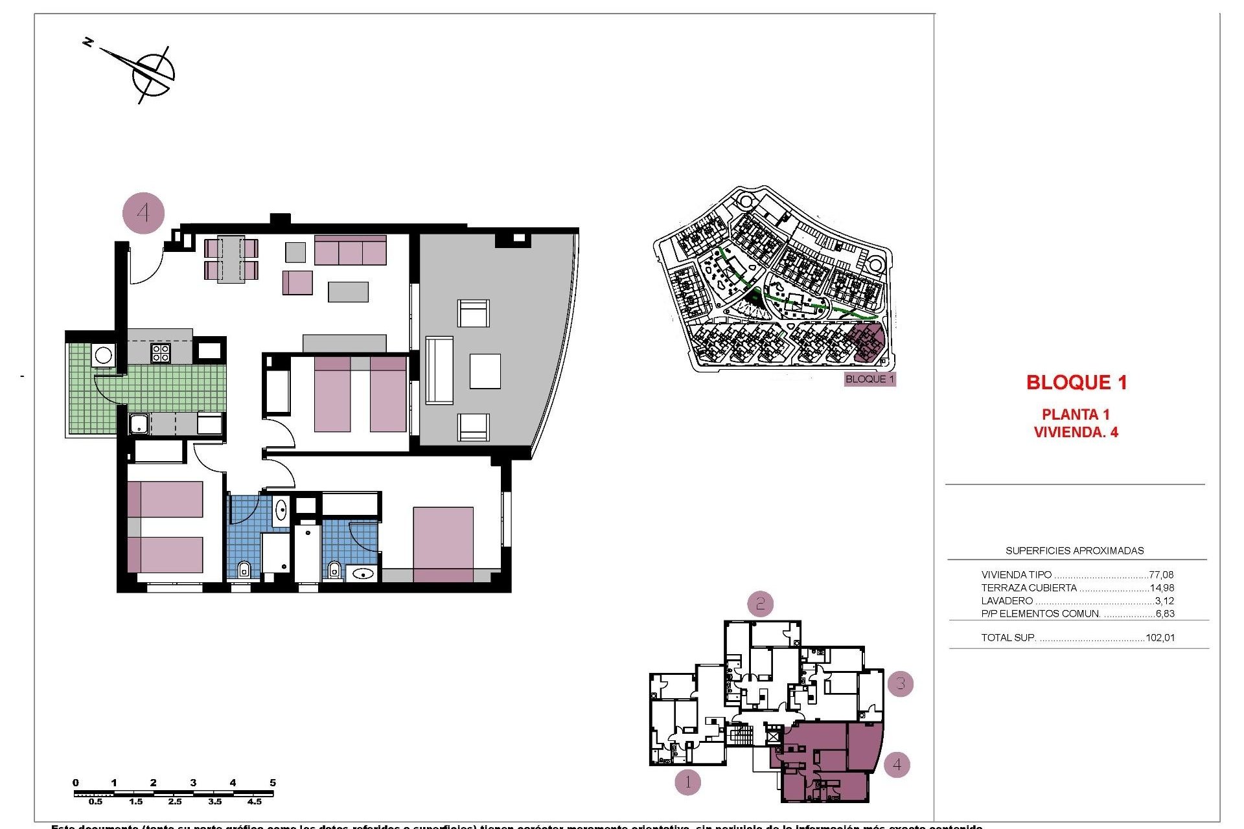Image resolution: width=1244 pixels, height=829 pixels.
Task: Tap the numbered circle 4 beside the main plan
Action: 143,213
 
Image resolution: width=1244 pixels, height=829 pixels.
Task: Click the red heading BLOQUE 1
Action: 1076,383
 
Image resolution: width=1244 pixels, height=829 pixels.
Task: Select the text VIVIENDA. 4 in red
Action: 1076,433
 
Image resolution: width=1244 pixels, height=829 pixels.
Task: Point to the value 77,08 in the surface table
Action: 1160,574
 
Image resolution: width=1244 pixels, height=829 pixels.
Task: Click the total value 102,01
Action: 1160,638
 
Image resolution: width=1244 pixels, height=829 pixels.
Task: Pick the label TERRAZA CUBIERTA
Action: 1029,588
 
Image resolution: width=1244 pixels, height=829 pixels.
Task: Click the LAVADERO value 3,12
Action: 1164,601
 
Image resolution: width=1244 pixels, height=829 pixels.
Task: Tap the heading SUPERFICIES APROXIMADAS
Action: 1074,551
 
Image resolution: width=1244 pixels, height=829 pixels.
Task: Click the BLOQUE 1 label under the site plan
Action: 870,380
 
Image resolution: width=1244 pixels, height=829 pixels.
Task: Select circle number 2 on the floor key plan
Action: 760,604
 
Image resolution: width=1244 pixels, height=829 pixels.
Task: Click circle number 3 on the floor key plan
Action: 900,684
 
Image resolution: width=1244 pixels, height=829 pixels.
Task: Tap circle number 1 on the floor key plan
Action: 687,782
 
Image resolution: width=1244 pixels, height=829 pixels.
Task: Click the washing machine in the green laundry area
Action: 104,355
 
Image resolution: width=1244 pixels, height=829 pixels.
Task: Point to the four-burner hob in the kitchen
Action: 161,353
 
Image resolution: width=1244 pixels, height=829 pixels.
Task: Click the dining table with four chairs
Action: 231,259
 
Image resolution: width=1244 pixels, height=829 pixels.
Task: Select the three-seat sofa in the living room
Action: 351,251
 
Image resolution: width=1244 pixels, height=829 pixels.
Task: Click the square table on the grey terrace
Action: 485,371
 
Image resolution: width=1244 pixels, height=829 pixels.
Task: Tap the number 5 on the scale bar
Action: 273,783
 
